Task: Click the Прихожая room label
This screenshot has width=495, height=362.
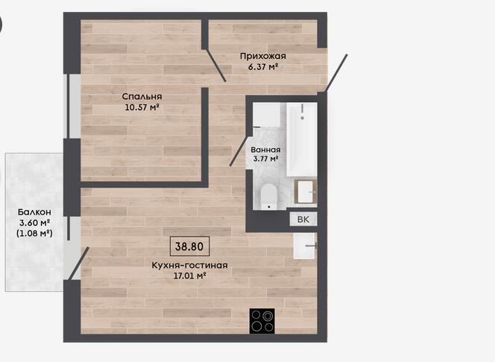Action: tap(262, 56)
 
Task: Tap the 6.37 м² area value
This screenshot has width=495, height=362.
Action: tap(263, 67)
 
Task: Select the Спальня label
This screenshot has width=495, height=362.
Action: tap(142, 97)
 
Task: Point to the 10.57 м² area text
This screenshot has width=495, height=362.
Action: tap(142, 107)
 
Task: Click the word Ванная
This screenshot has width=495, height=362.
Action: tap(265, 150)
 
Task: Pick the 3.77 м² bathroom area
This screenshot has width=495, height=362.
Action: tap(265, 159)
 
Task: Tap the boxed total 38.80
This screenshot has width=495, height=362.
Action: tap(189, 246)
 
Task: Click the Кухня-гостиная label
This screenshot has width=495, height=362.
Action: tap(189, 265)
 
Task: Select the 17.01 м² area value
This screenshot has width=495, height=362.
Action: tap(190, 276)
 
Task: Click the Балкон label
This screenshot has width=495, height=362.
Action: tap(34, 212)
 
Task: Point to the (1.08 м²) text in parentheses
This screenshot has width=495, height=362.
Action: tap(34, 233)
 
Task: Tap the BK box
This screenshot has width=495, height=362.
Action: tap(303, 219)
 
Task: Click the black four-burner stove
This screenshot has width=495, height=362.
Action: tap(262, 321)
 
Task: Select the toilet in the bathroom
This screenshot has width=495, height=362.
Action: tap(269, 197)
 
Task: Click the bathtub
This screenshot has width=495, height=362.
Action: tap(302, 139)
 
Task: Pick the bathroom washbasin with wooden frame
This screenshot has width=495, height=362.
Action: tap(306, 191)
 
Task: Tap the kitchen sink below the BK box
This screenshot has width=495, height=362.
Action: tap(305, 246)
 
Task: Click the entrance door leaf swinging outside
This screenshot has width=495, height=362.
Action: tap(336, 73)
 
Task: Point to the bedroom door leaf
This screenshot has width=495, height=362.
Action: tap(215, 66)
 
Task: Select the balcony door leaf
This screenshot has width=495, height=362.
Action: tap(79, 263)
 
